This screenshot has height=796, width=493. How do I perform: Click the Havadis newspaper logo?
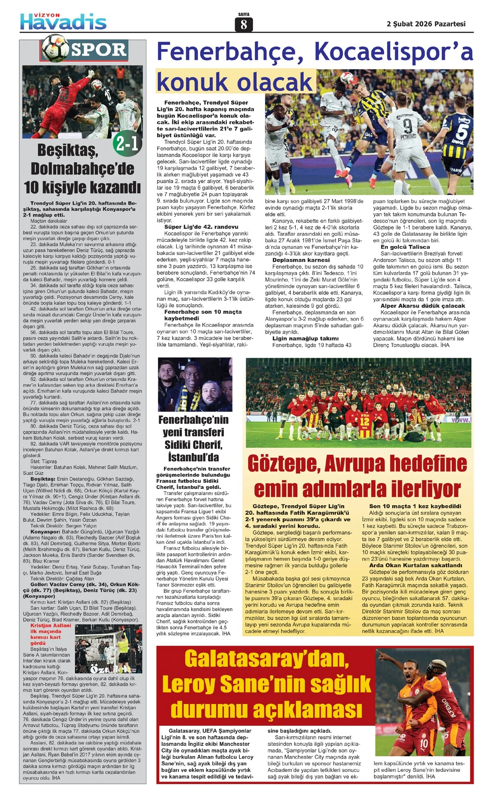(x=63, y=21)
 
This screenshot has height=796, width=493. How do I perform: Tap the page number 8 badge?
(x=244, y=25)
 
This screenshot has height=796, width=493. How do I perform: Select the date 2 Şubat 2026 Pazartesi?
(x=426, y=24)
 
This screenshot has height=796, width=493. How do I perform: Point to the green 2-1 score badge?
(x=127, y=143)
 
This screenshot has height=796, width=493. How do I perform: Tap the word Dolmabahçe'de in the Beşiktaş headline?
(x=82, y=168)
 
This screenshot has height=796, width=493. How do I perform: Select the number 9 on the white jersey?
(x=407, y=126)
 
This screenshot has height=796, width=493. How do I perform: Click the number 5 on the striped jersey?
(x=462, y=131)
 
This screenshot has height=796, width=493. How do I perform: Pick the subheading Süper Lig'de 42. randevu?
(x=201, y=227)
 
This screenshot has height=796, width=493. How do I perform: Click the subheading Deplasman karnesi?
(x=301, y=260)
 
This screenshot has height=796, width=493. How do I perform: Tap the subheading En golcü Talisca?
(x=405, y=247)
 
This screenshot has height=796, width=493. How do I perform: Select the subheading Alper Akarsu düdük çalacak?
(x=423, y=306)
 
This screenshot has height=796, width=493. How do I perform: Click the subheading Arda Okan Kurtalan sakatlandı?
(x=415, y=565)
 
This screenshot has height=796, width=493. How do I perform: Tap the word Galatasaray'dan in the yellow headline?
(x=267, y=658)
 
